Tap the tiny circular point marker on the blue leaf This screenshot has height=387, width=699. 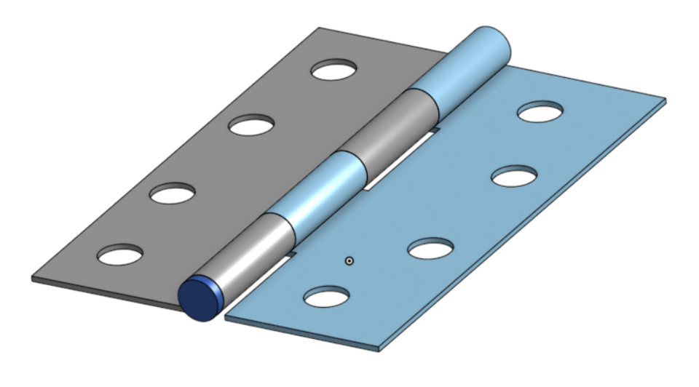tap(349, 260)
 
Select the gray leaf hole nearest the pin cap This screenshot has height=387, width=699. tap(121, 255)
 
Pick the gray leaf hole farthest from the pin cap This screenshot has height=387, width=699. tap(333, 71)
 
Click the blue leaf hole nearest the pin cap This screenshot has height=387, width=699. tap(325, 297)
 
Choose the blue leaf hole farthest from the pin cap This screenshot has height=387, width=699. tap(540, 112)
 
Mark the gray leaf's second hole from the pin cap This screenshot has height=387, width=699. tap(173, 193)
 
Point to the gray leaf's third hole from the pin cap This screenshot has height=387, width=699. tap(250, 125)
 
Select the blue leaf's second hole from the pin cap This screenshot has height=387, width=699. tap(430, 249)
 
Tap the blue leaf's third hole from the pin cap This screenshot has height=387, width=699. tap(514, 176)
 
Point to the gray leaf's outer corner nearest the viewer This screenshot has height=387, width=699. tap(33, 278)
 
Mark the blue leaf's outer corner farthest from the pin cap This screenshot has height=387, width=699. tap(664, 100)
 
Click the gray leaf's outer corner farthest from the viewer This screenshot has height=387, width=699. tap(319, 29)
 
